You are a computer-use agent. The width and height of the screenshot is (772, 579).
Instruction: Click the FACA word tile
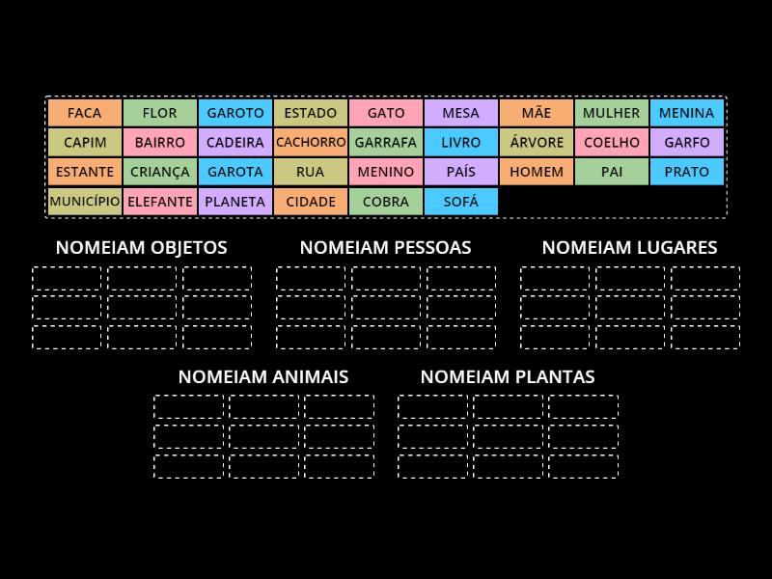click(85, 113)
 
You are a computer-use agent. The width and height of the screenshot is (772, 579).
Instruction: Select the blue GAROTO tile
click(235, 113)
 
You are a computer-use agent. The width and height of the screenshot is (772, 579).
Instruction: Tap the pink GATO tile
click(386, 113)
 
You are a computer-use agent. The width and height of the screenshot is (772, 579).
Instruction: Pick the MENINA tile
click(686, 113)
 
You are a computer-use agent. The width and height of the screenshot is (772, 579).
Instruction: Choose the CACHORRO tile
click(311, 142)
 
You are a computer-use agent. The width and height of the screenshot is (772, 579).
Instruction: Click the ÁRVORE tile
click(537, 142)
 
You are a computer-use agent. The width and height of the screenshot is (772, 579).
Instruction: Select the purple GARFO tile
click(686, 142)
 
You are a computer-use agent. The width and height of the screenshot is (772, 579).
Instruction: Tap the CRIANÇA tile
click(160, 172)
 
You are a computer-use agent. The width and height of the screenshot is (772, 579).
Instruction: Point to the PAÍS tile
click(461, 172)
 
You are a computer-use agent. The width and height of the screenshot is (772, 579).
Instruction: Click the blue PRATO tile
click(686, 172)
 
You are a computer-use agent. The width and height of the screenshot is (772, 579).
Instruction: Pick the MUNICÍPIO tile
click(85, 202)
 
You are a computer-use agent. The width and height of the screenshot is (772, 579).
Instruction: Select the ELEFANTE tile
click(160, 202)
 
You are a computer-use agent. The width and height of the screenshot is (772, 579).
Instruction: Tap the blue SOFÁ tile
click(461, 202)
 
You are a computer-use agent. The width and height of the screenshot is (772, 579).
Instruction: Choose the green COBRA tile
click(386, 202)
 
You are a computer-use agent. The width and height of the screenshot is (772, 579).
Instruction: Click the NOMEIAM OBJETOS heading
click(142, 247)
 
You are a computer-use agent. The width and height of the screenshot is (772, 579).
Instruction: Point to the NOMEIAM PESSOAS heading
click(386, 247)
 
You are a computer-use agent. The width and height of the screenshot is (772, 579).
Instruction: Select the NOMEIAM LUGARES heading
click(629, 247)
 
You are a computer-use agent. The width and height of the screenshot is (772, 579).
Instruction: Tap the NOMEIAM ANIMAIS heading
click(263, 376)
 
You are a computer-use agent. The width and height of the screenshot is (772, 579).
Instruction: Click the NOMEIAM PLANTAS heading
click(508, 376)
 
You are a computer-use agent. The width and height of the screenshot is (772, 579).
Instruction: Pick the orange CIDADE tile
click(311, 202)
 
